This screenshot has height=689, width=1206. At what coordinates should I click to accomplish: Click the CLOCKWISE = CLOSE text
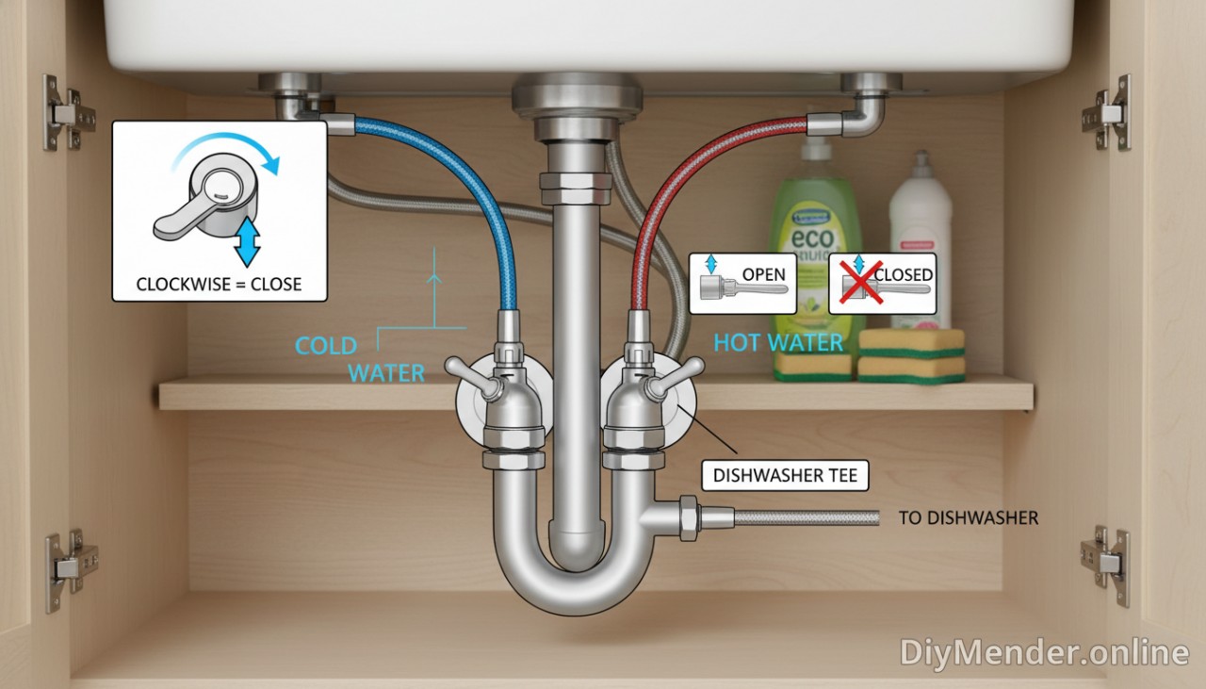[219, 284]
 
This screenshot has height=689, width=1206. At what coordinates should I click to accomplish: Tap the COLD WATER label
[360, 359]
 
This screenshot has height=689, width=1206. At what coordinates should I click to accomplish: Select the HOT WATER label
[777, 342]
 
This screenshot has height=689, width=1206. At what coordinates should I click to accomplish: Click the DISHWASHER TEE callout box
[785, 475]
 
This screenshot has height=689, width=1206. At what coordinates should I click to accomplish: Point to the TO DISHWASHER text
[968, 517]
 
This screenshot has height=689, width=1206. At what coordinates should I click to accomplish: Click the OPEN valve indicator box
[742, 283]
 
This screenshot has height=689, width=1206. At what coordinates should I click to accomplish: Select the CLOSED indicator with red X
[883, 283]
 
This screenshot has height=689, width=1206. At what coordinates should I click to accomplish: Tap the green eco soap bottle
[814, 236]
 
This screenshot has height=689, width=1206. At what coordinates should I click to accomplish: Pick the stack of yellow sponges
[911, 355]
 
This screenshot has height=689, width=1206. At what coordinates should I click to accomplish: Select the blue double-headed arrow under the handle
[248, 241]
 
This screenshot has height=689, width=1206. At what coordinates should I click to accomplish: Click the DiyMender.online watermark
[1043, 651]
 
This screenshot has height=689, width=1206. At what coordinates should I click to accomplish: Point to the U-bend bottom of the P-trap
[574, 594]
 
